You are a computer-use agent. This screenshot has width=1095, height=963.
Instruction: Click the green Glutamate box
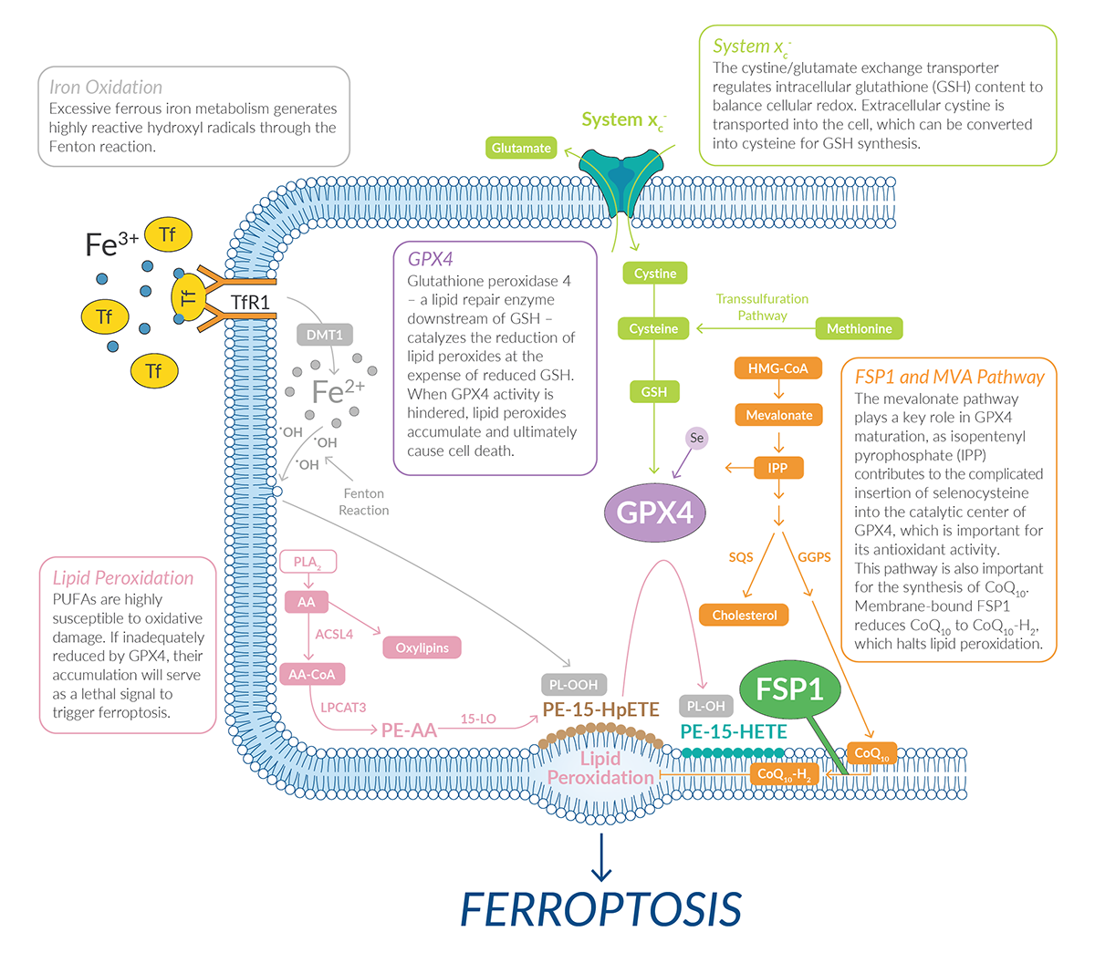pyautogui.click(x=521, y=148)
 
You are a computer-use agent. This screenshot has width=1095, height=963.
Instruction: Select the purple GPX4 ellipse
pyautogui.click(x=655, y=513)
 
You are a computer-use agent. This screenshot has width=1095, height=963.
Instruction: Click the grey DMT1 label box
pyautogui.click(x=325, y=335)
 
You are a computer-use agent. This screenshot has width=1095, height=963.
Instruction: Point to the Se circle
pyautogui.click(x=697, y=439)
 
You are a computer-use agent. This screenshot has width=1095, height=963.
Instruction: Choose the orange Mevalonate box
pyautogui.click(x=778, y=415)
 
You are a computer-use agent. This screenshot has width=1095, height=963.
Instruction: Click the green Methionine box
pyautogui.click(x=859, y=328)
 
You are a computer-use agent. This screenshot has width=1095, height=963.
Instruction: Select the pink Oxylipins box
pyautogui.click(x=422, y=647)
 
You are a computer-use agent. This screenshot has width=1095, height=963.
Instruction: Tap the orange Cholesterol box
pyautogui.click(x=745, y=616)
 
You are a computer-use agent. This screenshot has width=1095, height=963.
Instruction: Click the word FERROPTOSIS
pyautogui.click(x=600, y=909)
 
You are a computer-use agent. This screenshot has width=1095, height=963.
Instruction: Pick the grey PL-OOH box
pyautogui.click(x=573, y=684)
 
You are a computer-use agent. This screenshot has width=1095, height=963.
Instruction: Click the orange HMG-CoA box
pyautogui.click(x=778, y=368)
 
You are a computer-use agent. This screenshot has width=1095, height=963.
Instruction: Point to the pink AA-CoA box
pyautogui.click(x=312, y=675)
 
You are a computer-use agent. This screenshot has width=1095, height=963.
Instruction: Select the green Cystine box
pyautogui.click(x=655, y=274)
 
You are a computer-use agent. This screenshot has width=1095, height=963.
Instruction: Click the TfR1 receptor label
pyautogui.click(x=250, y=302)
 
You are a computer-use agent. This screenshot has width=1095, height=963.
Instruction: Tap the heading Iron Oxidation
pyautogui.click(x=106, y=88)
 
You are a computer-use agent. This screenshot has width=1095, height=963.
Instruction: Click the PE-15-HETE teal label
pyautogui.click(x=734, y=731)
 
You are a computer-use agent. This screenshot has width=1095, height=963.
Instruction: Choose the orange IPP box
pyautogui.click(x=777, y=468)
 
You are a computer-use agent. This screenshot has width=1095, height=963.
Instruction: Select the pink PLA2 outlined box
pyautogui.click(x=307, y=562)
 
